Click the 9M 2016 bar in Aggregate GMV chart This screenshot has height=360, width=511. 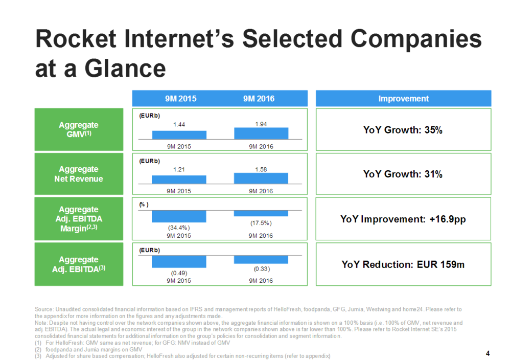(x=261, y=133)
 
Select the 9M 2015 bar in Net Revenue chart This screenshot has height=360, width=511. (x=179, y=179)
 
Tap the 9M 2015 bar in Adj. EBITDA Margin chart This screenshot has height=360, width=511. (x=179, y=216)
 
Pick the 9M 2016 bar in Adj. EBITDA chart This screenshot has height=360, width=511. (x=261, y=260)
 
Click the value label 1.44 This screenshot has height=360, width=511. (x=179, y=124)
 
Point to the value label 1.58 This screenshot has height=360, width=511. (x=261, y=170)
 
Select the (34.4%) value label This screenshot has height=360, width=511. (x=179, y=228)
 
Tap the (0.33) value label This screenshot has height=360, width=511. (x=262, y=269)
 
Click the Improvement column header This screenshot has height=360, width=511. (x=404, y=99)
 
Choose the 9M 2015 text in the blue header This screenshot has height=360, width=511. (x=180, y=99)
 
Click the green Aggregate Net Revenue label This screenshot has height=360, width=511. (x=79, y=174)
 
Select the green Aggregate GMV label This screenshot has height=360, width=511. (x=79, y=129)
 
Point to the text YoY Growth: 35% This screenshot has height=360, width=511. (x=403, y=130)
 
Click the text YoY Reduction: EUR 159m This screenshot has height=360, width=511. (x=403, y=264)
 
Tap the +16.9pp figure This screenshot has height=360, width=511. (x=448, y=219)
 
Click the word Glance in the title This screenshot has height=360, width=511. (x=125, y=69)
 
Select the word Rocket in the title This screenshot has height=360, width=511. (x=76, y=38)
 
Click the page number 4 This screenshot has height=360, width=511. (x=487, y=353)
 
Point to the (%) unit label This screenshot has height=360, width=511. (x=144, y=205)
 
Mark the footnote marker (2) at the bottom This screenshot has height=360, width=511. (x=38, y=350)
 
